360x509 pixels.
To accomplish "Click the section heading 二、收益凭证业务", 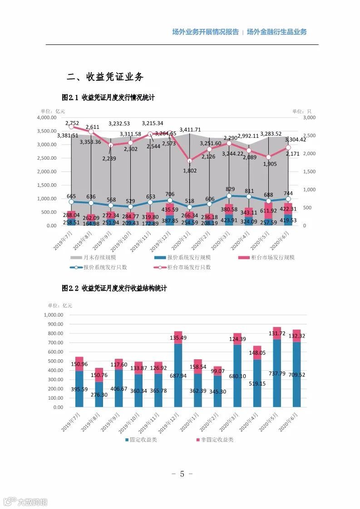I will point(105,77).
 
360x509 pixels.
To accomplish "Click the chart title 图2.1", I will point(108,98).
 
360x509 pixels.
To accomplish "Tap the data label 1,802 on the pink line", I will point(189,170).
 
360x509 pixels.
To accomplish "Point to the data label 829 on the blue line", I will point(230,189).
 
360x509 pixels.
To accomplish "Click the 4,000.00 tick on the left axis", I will point(47,117).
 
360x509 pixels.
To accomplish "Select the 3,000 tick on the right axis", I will point(308,117).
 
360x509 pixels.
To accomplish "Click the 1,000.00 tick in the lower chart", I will point(53,315).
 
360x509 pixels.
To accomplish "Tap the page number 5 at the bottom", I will point(182,474).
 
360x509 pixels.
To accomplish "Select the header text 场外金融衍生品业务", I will point(277,32).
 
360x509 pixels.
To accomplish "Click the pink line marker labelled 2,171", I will point(289,147).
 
